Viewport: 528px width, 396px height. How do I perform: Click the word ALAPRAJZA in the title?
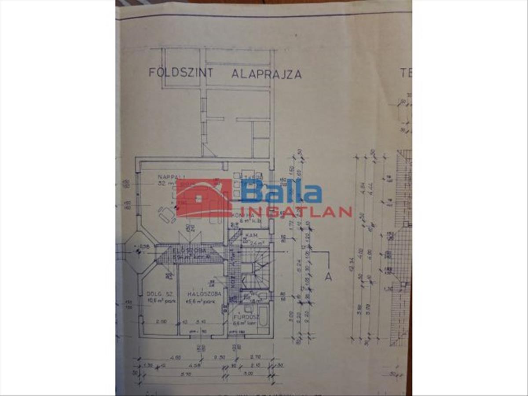pos(267,74)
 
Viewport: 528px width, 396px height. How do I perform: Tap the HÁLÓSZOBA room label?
pos(204,294)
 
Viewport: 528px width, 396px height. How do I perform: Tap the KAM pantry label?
pos(251,235)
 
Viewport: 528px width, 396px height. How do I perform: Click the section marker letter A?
pos(327,277)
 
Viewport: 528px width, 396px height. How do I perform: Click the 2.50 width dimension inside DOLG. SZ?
pos(161,322)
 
